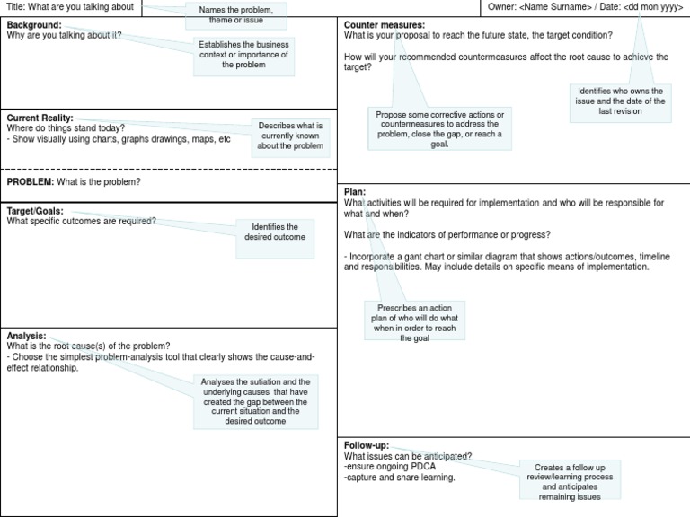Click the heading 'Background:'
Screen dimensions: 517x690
tap(34, 25)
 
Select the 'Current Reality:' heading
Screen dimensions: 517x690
tap(40, 118)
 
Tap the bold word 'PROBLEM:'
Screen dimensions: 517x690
tap(31, 182)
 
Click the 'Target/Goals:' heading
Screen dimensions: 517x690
tap(35, 211)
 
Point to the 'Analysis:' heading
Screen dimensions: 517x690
tap(27, 336)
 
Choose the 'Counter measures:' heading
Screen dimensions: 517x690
tap(385, 25)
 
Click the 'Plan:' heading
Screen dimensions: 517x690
tap(355, 192)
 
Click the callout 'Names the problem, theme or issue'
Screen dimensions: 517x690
tap(236, 13)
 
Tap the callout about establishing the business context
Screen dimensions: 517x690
tap(243, 54)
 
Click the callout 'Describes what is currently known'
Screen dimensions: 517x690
tap(290, 136)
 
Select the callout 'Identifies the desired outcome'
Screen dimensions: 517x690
tap(275, 232)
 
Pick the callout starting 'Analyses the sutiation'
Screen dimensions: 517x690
tap(255, 401)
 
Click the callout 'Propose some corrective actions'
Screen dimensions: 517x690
tap(439, 129)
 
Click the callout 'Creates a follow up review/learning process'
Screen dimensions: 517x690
tap(570, 482)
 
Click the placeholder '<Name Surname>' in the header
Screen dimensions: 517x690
tap(556, 7)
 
